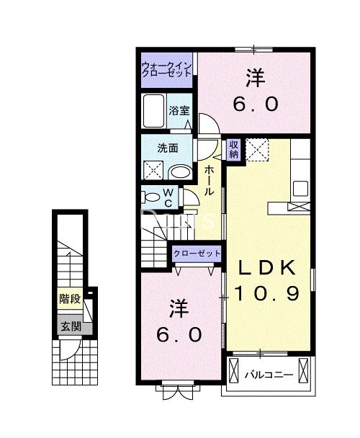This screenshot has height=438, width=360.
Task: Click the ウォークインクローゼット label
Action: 166,69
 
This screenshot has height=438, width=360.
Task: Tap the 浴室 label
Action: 179,111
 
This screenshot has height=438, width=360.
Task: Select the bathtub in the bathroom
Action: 154,111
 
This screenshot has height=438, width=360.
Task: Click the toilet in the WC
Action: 153,196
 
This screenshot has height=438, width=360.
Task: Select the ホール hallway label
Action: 208,180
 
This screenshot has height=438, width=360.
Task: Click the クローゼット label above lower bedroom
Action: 196,254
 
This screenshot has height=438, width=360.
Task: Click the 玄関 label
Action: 70,326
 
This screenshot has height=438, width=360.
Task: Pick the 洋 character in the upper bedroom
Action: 253,75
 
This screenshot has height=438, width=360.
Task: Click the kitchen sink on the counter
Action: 300,189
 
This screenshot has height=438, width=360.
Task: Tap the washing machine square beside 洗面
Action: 153,171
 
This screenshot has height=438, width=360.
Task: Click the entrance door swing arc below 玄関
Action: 67,352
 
